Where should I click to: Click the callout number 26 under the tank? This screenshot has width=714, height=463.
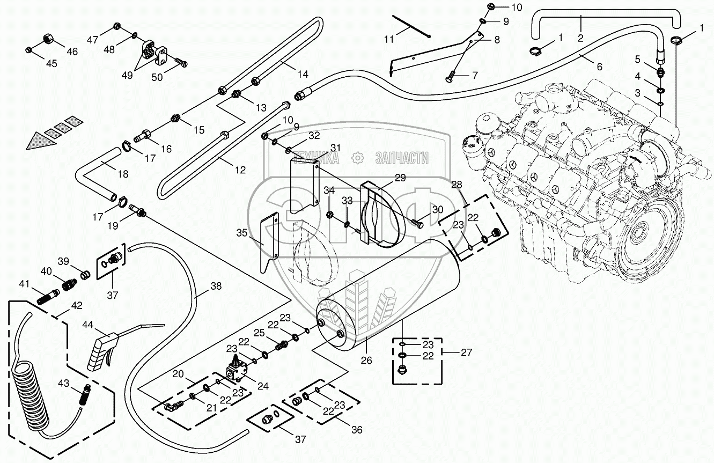coord(366,361)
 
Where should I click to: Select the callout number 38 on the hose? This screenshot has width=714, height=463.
coord(216,286)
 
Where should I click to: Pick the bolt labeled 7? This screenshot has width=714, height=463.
coord(450,79)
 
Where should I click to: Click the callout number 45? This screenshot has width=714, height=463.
coord(51,63)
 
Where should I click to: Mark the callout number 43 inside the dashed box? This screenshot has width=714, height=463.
coord(64,383)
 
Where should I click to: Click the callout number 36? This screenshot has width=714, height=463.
coord(357,430)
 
